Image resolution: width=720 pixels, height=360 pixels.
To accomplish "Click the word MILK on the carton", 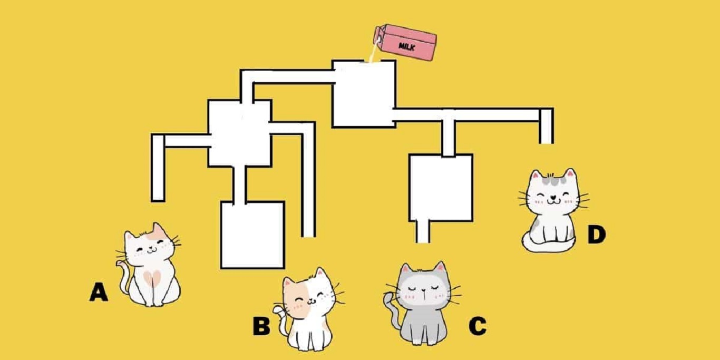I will [407, 46].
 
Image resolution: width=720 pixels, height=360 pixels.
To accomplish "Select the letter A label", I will [99, 291].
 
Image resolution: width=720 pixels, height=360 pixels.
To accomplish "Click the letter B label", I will [261, 326].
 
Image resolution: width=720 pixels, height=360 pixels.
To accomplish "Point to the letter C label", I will [477, 326].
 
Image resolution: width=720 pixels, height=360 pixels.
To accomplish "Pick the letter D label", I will [596, 235].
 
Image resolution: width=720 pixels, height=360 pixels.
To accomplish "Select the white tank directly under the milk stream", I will [364, 94].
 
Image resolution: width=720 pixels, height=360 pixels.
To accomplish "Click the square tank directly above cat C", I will [441, 187].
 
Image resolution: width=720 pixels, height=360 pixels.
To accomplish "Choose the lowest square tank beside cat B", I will [252, 235].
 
